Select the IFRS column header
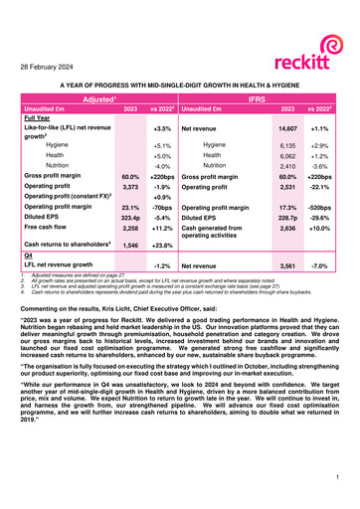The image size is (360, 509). coord(262,99)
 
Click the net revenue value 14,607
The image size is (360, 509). coord(288,129)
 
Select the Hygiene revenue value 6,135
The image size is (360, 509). coord(288,145)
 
